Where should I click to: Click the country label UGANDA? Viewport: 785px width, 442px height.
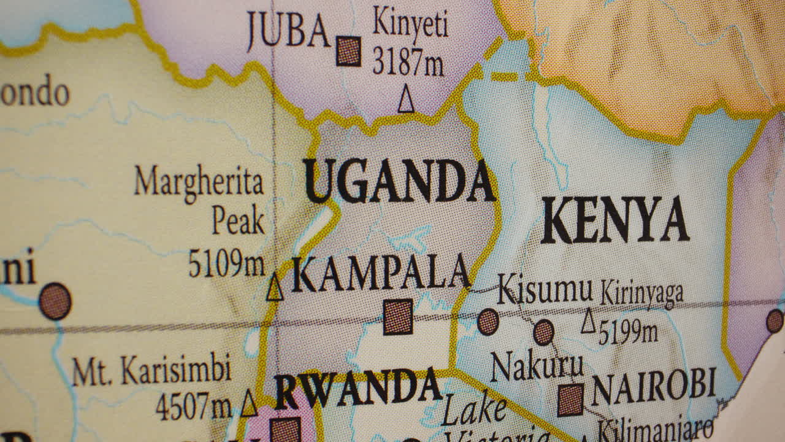click(399, 181)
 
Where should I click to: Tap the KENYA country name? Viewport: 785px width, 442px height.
click(615, 220)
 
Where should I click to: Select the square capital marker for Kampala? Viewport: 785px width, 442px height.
click(398, 317)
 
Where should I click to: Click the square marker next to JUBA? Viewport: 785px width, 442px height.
click(348, 51)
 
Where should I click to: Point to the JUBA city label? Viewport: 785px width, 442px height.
click(288, 31)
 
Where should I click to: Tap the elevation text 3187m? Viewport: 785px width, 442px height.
click(408, 61)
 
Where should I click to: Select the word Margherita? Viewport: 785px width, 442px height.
click(199, 182)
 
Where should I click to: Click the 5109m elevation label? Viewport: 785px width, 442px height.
click(226, 264)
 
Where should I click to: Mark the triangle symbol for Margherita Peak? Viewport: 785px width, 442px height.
click(275, 288)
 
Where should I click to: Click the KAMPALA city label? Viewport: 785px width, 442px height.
click(380, 274)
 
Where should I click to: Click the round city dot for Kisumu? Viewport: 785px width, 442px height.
click(488, 322)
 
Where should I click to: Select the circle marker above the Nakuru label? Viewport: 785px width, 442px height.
click(543, 332)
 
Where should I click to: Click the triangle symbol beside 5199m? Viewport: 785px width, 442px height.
click(588, 322)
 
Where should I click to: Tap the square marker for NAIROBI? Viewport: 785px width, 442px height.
click(571, 400)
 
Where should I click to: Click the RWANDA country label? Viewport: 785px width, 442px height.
click(358, 387)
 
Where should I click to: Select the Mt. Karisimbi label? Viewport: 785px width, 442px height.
click(151, 370)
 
